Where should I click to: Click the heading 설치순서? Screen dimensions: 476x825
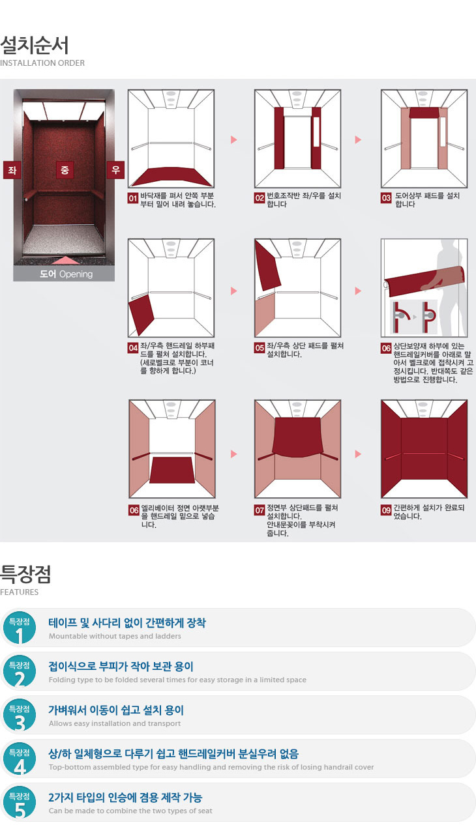click(35, 46)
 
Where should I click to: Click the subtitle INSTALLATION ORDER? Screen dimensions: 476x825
click(42, 63)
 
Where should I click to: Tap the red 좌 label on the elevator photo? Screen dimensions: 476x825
click(12, 170)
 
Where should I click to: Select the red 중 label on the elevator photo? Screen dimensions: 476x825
click(65, 170)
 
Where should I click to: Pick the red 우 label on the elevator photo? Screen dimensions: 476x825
click(115, 170)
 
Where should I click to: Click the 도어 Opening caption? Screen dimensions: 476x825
click(67, 274)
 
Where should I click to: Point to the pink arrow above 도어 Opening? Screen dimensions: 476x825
click(65, 261)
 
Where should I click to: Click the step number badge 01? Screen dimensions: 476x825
click(132, 198)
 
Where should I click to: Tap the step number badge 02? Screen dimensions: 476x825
click(260, 198)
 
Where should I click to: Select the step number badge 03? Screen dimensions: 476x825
click(386, 198)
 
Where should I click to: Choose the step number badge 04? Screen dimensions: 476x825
click(133, 348)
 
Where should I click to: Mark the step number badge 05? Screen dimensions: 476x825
click(260, 348)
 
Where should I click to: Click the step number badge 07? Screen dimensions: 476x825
click(260, 510)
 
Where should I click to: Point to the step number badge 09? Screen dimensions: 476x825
click(386, 510)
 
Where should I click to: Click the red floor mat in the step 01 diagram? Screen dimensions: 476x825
click(171, 177)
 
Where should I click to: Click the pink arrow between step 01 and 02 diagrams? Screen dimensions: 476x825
click(233, 139)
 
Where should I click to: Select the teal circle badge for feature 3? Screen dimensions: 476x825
click(20, 715)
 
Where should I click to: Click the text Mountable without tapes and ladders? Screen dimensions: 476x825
click(115, 636)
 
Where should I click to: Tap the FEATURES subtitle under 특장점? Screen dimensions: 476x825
click(19, 592)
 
